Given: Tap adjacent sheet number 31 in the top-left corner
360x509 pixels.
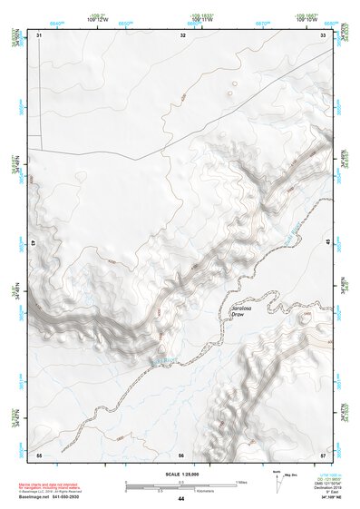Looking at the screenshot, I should [x=40, y=34].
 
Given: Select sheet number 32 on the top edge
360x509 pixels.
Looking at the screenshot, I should [x=182, y=34].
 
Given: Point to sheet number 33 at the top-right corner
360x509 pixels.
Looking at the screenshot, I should [x=324, y=34].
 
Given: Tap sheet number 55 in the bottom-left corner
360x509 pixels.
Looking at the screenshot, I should [x=39, y=453].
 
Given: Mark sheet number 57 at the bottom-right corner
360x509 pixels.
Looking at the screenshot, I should [x=323, y=453].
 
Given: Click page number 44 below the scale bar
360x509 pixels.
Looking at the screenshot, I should [x=181, y=499].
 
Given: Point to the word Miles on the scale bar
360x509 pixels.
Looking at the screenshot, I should [x=239, y=481].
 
